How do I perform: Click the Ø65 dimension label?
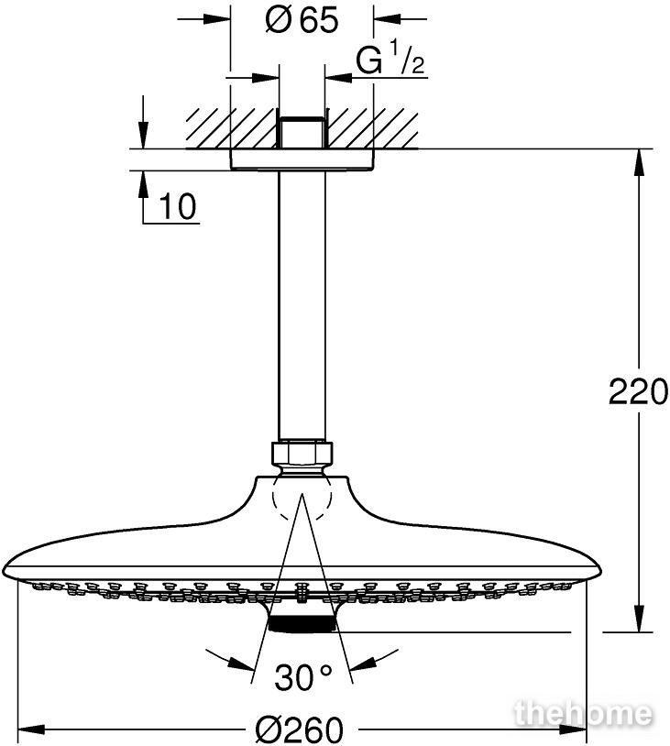(x=302, y=20)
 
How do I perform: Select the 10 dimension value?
(x=177, y=207)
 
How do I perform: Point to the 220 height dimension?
(x=638, y=391)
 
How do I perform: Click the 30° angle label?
(x=303, y=677)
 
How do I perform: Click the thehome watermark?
(x=584, y=714)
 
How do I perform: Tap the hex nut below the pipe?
(x=302, y=454)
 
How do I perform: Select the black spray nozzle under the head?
(x=302, y=624)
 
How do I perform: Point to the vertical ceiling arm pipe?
(x=302, y=304)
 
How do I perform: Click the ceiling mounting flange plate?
(x=302, y=159)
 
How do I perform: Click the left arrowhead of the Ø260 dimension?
(x=31, y=729)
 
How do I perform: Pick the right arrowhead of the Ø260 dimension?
(x=573, y=729)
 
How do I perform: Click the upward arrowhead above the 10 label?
(x=143, y=183)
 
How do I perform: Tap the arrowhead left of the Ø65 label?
(x=217, y=19)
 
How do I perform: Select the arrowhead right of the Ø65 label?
(x=388, y=19)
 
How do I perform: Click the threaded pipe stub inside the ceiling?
(x=302, y=132)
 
